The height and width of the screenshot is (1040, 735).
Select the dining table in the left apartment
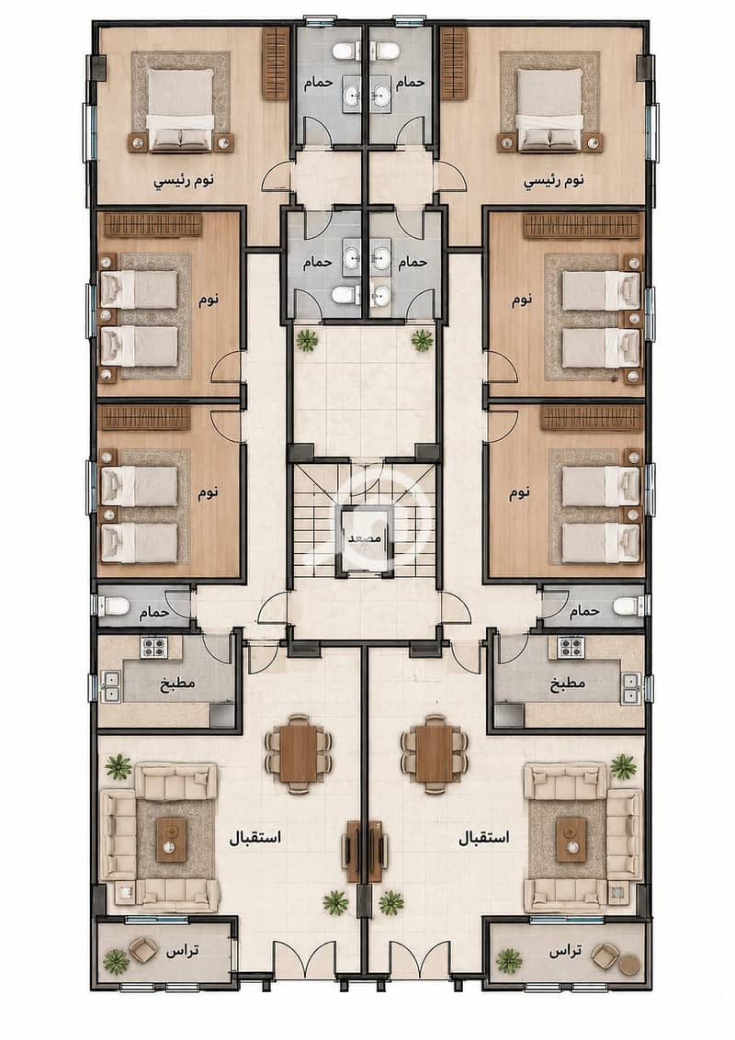click(299, 752)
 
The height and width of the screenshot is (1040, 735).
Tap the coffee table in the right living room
click(571, 839)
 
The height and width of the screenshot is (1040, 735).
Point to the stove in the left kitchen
click(153, 647)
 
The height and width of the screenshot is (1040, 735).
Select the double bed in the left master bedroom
click(181, 108)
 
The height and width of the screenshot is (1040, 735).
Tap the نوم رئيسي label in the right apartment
click(554, 180)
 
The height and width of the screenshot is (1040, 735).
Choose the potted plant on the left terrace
click(116, 960)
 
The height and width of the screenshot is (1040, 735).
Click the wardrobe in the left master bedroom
click(276, 63)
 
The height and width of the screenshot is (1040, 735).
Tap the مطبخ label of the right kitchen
click(569, 683)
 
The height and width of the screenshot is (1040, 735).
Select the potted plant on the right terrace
click(509, 960)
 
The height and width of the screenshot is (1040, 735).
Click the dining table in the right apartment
click(435, 752)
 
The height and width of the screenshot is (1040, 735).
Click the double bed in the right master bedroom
click(550, 108)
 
